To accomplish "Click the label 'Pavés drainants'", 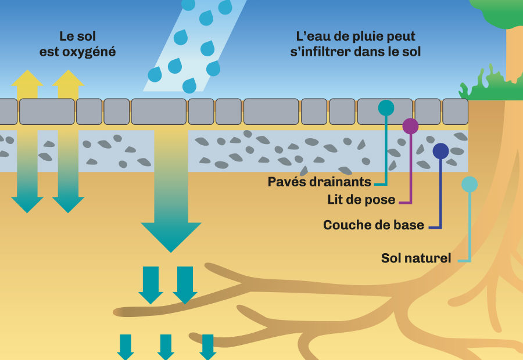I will (x=319, y=182).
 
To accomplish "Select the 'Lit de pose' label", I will (x=361, y=200).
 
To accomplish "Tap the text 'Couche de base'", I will (x=374, y=225).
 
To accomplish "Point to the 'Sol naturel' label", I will (x=416, y=258).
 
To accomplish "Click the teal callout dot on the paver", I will (x=386, y=107).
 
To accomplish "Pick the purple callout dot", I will (x=410, y=126).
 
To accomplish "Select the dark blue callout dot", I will (x=440, y=151).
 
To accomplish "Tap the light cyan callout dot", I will (x=469, y=184).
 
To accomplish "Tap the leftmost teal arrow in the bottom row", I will (x=126, y=347).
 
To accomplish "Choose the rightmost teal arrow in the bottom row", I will (x=207, y=347).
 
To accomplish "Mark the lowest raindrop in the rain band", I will (x=189, y=87).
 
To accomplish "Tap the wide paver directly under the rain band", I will (x=159, y=111).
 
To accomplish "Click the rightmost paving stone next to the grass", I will (x=455, y=111).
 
